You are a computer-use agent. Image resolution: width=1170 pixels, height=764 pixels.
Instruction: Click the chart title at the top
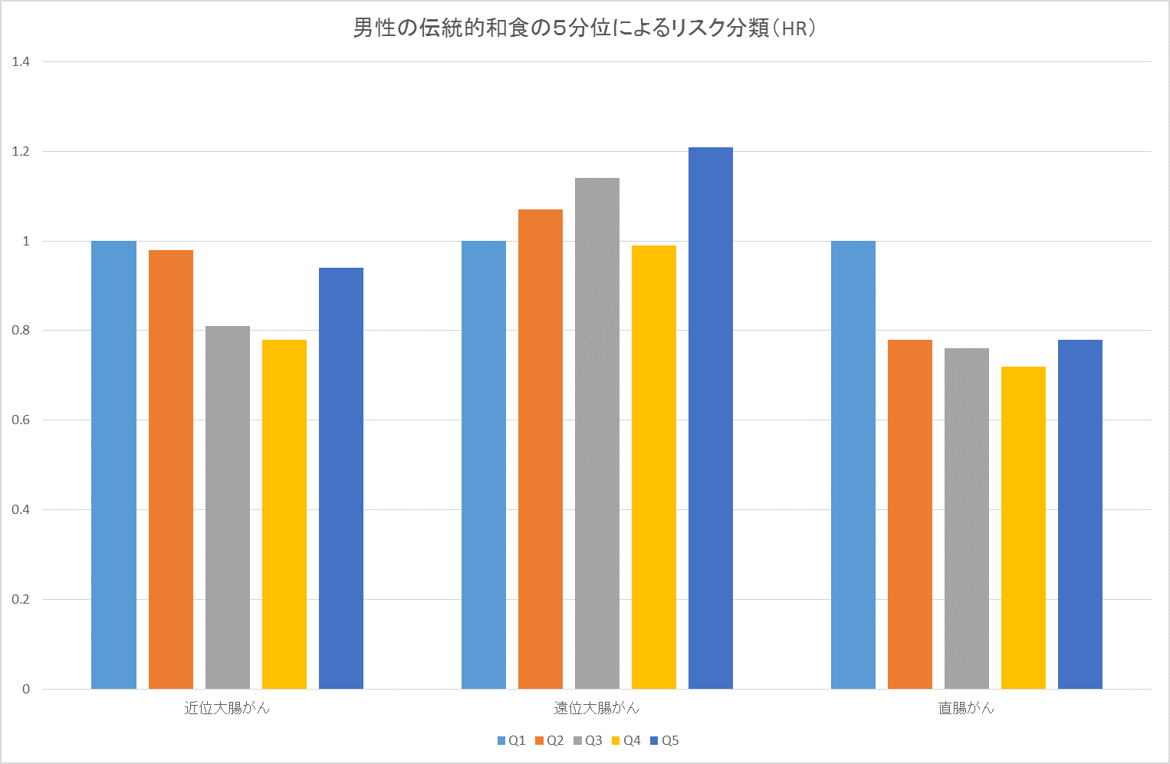584,28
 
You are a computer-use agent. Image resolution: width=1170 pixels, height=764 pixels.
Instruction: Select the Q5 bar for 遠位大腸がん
710,418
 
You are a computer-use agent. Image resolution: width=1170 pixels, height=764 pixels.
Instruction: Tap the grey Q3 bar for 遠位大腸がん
597,433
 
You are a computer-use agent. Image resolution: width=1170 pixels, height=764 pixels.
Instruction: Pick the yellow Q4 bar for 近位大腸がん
284,514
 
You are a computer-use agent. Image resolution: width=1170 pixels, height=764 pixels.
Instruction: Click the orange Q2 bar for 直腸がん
910,514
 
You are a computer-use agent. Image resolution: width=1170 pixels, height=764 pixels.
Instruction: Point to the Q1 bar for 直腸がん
853,465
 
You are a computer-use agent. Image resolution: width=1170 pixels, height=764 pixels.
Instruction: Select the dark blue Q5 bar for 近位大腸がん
341,478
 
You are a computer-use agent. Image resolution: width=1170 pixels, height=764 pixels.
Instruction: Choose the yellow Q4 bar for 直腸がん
1024,528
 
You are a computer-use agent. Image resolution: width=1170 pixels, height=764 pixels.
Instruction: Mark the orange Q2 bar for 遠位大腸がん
540,449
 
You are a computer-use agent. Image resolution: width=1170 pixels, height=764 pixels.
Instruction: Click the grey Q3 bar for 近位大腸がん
227,508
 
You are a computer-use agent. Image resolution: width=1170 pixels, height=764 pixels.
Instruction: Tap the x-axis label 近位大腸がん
227,708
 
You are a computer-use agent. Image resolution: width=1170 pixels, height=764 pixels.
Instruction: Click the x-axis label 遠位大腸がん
597,708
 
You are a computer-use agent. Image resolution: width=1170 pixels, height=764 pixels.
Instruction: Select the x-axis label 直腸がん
966,708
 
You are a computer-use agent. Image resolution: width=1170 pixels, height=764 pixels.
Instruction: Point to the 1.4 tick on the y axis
21,61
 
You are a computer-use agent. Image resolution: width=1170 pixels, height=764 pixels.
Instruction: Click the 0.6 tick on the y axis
21,420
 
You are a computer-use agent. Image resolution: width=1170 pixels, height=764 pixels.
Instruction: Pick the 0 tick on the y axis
26,689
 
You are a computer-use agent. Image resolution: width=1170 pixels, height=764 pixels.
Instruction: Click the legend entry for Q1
511,740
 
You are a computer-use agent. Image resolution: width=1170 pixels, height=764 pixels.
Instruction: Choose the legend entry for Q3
588,740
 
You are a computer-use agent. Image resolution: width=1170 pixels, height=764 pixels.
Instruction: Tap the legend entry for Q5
665,740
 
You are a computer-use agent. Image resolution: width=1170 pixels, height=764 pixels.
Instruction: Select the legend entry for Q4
626,740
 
